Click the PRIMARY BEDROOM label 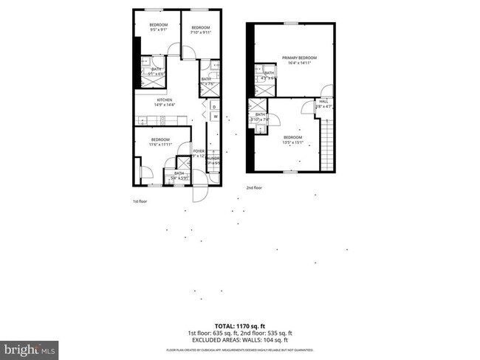(298, 58)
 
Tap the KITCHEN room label (163, 100)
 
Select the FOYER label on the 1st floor (198, 150)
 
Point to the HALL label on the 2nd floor (323, 102)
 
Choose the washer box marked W (214, 117)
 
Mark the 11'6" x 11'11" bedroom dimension (161, 145)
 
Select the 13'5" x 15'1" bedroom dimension (293, 142)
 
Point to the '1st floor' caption (140, 201)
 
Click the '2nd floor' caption (253, 187)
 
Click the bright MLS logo (30, 347)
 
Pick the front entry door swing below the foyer (199, 193)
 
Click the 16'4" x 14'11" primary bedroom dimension (298, 63)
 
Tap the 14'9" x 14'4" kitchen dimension (163, 105)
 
